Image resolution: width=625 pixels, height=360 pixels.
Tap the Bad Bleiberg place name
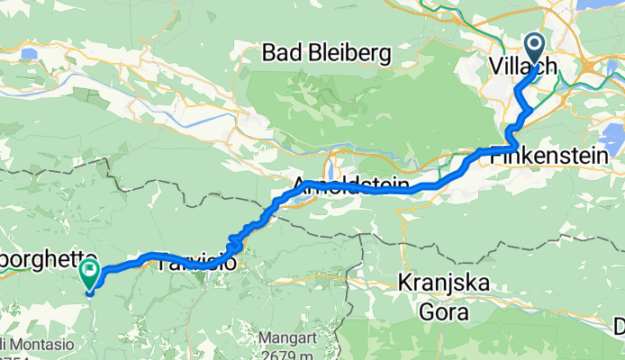click(326, 54)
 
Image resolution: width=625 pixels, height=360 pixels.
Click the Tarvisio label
click(196, 264)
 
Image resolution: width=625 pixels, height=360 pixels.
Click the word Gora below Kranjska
click(445, 310)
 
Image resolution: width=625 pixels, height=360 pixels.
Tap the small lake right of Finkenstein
click(613, 139)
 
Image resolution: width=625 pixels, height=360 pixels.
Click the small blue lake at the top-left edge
click(30, 54)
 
